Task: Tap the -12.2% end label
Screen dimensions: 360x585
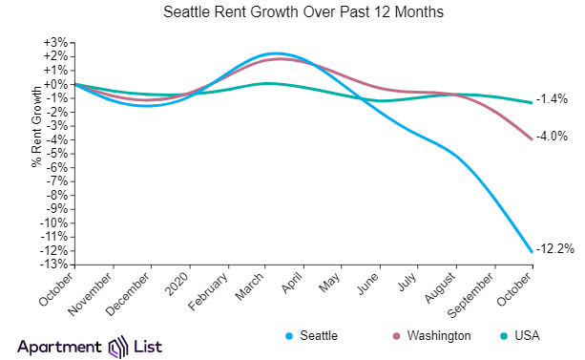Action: click(x=555, y=249)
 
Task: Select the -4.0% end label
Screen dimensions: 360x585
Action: click(x=553, y=137)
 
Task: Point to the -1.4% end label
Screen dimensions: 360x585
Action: click(x=553, y=99)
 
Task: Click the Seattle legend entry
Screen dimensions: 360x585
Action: click(x=314, y=336)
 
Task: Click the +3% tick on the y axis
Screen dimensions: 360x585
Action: click(x=55, y=43)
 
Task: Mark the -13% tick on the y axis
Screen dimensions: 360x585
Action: click(x=53, y=265)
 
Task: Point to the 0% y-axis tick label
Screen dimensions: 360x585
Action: click(x=57, y=84)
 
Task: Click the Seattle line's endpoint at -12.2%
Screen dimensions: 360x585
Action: click(x=532, y=251)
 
